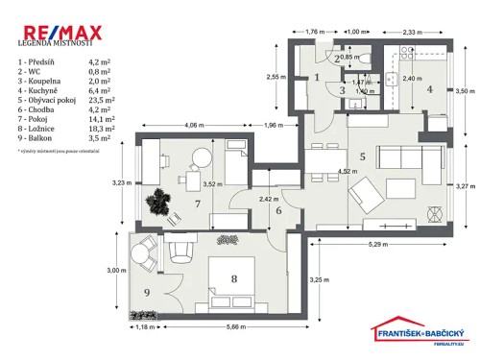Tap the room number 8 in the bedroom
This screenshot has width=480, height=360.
[x=233, y=280]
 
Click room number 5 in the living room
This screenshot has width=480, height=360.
[x=362, y=156]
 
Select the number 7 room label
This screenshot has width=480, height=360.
[x=197, y=204]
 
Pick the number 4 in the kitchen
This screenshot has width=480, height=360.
[x=430, y=90]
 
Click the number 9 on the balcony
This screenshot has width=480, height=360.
[x=148, y=292]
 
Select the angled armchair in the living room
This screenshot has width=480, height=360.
[x=366, y=197]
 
